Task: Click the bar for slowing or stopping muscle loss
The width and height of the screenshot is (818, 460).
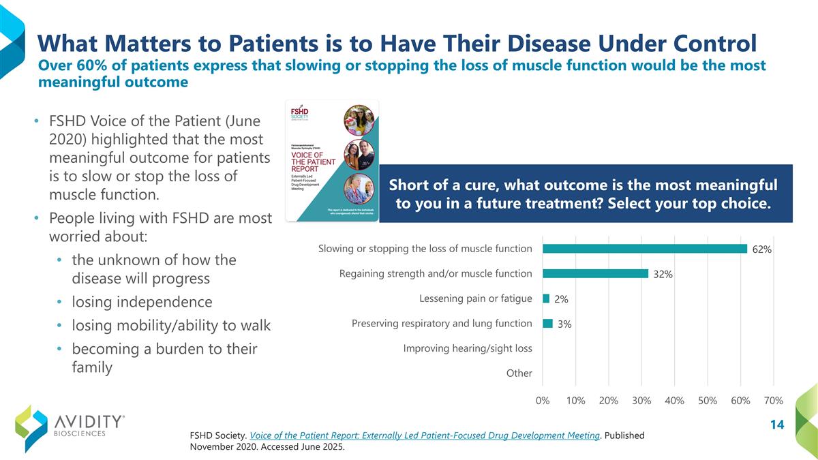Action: (644, 249)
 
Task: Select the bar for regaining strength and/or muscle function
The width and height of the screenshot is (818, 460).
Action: (595, 273)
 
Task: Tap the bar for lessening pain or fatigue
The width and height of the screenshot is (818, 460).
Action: (546, 298)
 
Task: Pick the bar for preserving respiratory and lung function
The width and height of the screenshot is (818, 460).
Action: (547, 324)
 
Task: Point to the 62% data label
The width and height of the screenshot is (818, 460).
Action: (761, 249)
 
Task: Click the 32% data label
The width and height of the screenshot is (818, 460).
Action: (663, 275)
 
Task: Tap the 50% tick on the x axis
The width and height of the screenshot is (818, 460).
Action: (708, 401)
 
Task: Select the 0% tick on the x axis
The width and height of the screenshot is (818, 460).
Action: (543, 401)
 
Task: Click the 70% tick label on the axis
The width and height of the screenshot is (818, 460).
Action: (774, 401)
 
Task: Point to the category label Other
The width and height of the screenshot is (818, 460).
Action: (519, 373)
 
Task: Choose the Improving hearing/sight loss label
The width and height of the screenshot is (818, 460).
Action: (468, 348)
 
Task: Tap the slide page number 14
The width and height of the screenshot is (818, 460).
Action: (776, 425)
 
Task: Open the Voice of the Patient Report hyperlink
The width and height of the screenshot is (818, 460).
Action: (425, 435)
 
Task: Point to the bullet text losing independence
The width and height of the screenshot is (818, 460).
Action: (142, 302)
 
